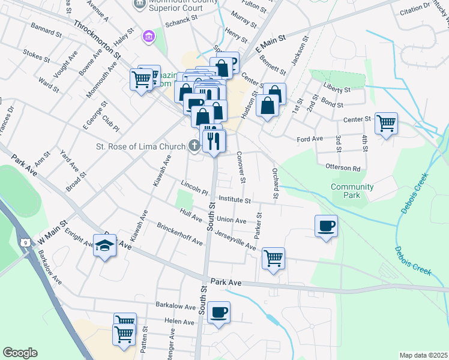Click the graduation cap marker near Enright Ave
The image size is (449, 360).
click(x=104, y=246)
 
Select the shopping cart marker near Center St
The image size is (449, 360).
click(x=386, y=123)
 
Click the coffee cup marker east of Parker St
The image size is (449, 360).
click(x=326, y=226)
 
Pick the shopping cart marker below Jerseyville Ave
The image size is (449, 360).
click(x=273, y=259)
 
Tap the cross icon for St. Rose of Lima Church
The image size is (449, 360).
click(x=194, y=145)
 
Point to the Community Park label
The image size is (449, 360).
click(x=352, y=191)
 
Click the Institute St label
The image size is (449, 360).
click(x=234, y=198)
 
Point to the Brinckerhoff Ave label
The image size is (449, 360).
click(x=179, y=234)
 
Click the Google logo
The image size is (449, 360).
click(x=20, y=353)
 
